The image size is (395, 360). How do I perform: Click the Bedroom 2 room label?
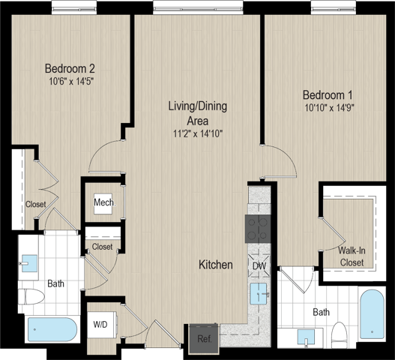tap(70, 68)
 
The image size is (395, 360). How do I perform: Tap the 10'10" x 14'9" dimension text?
tap(330, 108)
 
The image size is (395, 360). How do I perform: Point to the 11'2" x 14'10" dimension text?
tap(198, 133)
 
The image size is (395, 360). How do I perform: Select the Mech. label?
tap(104, 202)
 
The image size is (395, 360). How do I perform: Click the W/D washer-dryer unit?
tap(102, 325)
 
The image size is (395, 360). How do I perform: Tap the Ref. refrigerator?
tap(204, 339)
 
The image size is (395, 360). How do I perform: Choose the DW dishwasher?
tap(259, 266)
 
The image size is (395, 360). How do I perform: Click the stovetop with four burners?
tap(258, 229)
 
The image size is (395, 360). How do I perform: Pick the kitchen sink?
tap(259, 294)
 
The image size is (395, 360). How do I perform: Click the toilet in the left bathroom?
tap(31, 297)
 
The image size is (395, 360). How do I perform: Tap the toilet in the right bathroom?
tap(339, 335)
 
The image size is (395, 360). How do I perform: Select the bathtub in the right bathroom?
tap(372, 314)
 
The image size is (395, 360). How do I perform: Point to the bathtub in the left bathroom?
tap(52, 329)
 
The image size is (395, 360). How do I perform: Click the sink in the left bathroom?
tap(29, 263)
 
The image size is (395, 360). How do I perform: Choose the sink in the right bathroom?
tap(306, 337)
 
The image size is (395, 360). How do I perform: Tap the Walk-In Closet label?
tap(352, 256)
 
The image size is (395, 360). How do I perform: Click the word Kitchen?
tap(216, 265)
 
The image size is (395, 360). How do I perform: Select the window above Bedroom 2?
tap(74, 7)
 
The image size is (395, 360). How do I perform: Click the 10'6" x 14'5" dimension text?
tap(71, 82)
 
